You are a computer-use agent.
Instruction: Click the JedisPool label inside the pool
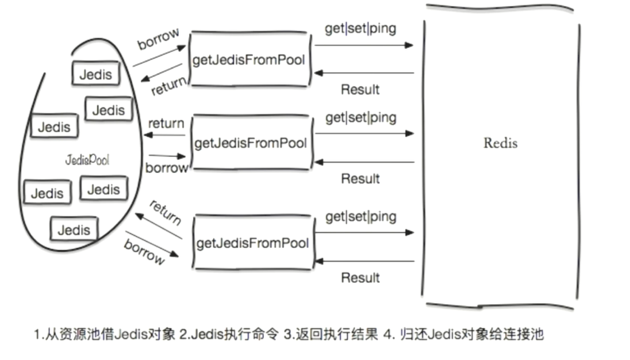click(x=87, y=160)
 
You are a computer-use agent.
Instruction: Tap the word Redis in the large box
click(x=500, y=143)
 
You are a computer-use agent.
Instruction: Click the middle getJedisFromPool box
click(x=251, y=143)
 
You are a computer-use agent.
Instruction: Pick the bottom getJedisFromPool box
click(x=253, y=243)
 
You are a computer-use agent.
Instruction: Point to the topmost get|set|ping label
click(x=360, y=29)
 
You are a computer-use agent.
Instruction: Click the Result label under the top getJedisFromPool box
click(x=360, y=90)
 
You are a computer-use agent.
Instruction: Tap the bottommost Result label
click(x=360, y=278)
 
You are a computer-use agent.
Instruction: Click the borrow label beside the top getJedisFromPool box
click(x=158, y=39)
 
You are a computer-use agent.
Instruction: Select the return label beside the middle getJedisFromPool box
click(x=166, y=123)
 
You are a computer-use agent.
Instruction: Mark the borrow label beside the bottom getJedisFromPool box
click(x=144, y=251)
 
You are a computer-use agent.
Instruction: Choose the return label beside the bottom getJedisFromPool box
click(x=165, y=212)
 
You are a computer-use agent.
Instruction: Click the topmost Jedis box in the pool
click(x=95, y=74)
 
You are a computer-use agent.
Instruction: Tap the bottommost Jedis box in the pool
click(x=74, y=230)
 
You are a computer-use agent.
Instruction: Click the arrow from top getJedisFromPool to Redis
click(x=363, y=45)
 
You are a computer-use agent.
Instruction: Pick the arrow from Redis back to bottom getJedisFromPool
click(x=363, y=261)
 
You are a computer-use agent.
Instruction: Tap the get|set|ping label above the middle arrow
click(x=361, y=118)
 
